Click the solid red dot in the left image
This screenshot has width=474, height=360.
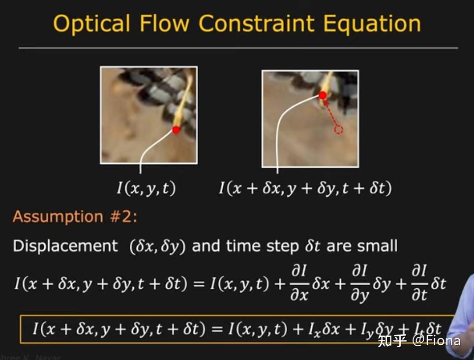176,130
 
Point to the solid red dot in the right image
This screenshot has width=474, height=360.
323,95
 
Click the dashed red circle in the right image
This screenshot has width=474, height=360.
338,129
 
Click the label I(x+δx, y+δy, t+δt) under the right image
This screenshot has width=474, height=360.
305,188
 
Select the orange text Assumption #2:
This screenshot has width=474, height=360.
75,217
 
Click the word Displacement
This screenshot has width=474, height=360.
65,246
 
